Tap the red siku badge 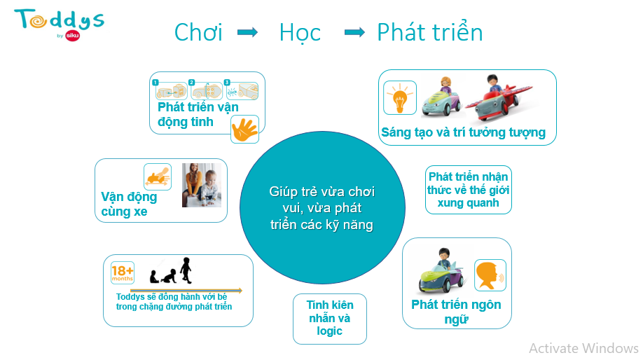(x=73, y=36)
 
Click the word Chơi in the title (x=198, y=32)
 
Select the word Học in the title (x=300, y=33)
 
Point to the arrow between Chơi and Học (x=248, y=32)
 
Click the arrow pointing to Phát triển (x=354, y=32)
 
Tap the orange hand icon (x=245, y=129)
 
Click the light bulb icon (x=400, y=97)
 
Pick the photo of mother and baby (x=202, y=185)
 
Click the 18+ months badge (x=123, y=272)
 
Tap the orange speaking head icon (x=490, y=275)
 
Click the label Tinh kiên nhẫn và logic (x=330, y=318)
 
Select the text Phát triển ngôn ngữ (x=456, y=312)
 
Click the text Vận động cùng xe (x=129, y=204)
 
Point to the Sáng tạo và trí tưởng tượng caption (x=464, y=132)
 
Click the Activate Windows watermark (x=583, y=348)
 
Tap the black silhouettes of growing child (x=171, y=270)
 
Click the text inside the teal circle (x=322, y=208)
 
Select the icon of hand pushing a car (x=158, y=176)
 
